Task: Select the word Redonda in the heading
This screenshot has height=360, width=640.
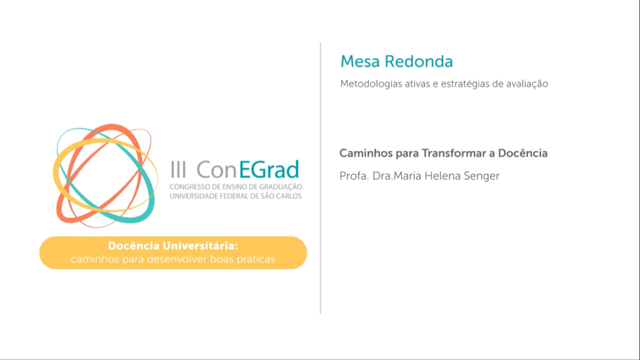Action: coord(419,61)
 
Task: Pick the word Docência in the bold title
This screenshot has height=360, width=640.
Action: coord(523,153)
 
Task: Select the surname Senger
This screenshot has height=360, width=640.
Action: coord(482,176)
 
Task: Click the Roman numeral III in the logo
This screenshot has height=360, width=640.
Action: coord(179,170)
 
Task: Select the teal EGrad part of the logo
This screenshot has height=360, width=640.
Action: coord(269,169)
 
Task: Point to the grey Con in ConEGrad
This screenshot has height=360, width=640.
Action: coord(217,170)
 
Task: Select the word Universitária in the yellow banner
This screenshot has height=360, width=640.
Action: coord(201,246)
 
